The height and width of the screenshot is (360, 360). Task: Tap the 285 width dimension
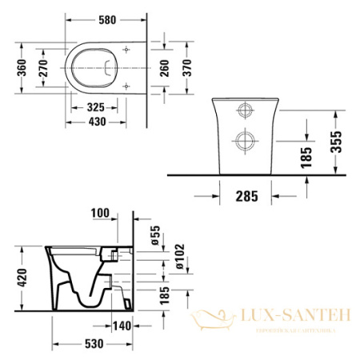tap(246, 194)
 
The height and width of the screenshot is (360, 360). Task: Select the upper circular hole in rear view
tap(243, 110)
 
